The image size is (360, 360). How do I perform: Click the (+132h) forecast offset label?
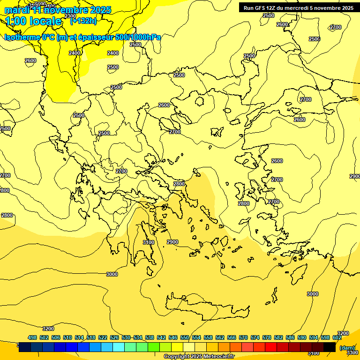pos(83,21)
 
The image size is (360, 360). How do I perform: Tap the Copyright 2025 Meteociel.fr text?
pos(199,357)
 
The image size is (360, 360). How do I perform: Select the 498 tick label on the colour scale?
pos(32,337)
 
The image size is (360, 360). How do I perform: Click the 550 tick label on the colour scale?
pos(185,337)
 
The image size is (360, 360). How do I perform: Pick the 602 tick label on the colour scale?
pos(337,337)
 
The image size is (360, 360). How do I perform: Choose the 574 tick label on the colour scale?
pos(255,337)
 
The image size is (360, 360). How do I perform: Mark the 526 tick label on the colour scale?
pos(114,337)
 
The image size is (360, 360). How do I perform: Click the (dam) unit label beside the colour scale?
pos(347,347)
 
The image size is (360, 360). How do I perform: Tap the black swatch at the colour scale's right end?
pos(330,347)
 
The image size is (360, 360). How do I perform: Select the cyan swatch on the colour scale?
pos(119,347)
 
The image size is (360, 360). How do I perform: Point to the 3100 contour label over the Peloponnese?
pos(148,242)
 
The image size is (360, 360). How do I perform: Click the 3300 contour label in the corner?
pos(352,352)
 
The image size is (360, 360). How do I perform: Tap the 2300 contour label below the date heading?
pos(70,29)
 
